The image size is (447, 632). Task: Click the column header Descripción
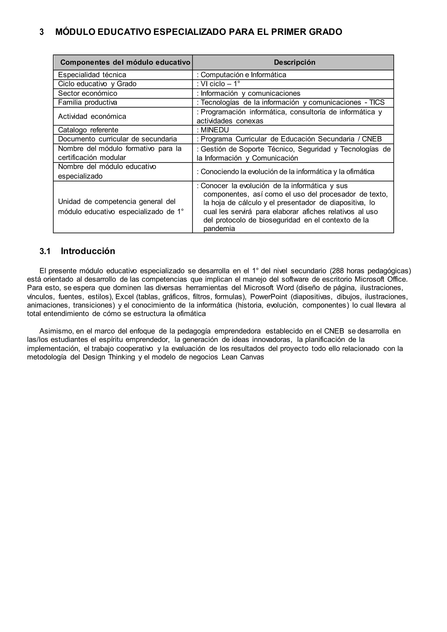pyautogui.click(x=294, y=62)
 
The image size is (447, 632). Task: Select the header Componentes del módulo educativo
pyautogui.click(x=125, y=62)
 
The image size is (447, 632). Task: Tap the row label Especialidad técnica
pyautogui.click(x=92, y=75)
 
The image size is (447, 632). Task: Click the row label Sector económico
pyautogui.click(x=88, y=93)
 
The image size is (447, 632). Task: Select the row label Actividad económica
pyautogui.click(x=92, y=117)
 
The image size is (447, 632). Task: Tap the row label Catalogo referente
pyautogui.click(x=88, y=130)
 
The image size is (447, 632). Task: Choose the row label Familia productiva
pyautogui.click(x=88, y=103)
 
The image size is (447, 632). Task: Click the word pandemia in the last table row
pyautogui.click(x=219, y=229)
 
